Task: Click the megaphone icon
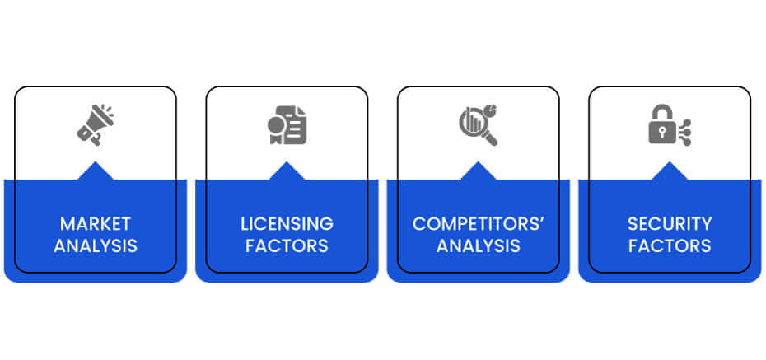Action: click(x=96, y=125)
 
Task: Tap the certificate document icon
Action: click(x=287, y=125)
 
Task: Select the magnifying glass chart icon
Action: click(x=479, y=125)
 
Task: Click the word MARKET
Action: click(x=96, y=224)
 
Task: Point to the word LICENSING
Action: click(x=287, y=224)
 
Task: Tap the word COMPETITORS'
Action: click(x=479, y=224)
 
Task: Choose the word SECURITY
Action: click(x=670, y=224)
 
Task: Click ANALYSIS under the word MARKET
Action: click(x=96, y=245)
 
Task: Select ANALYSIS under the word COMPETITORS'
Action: click(x=479, y=245)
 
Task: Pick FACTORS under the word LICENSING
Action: click(x=287, y=245)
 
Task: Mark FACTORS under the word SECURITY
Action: click(x=670, y=245)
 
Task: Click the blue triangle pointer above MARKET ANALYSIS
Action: click(x=96, y=172)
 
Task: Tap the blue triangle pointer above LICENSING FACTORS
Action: click(x=287, y=172)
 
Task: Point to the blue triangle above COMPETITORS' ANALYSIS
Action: click(x=479, y=172)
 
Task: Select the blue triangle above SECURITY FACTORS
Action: click(x=670, y=172)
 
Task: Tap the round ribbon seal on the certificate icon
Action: click(x=276, y=125)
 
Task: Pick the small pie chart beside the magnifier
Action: click(x=491, y=110)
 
